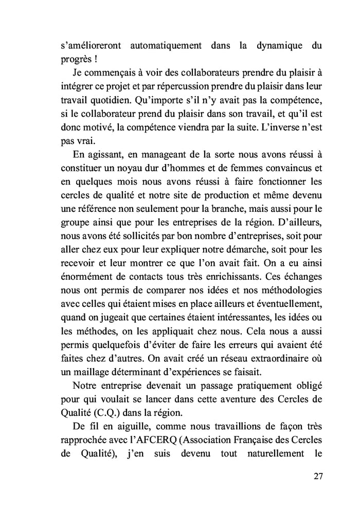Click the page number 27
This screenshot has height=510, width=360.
pos(317,476)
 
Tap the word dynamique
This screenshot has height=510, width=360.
pos(278,45)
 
